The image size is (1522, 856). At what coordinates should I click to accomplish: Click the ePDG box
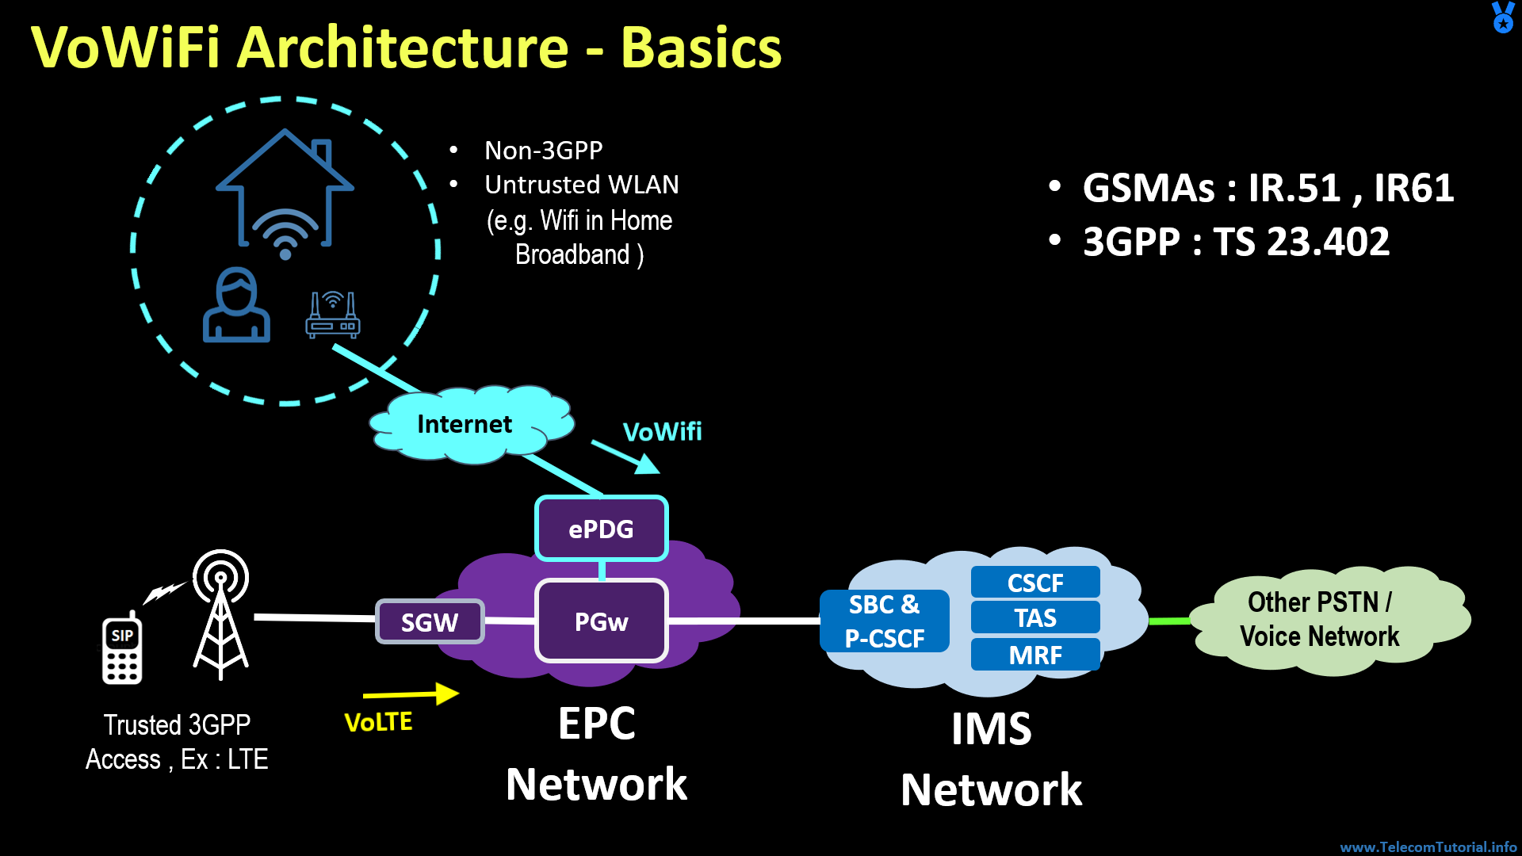601,529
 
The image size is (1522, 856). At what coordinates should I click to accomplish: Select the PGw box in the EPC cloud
601,621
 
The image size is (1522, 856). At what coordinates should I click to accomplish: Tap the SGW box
429,622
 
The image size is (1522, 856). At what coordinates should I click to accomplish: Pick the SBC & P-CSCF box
884,621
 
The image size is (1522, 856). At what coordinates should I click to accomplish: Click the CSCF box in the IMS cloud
1034,583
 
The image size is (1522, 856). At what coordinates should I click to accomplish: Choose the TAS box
1034,617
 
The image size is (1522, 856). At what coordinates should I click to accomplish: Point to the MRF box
1034,655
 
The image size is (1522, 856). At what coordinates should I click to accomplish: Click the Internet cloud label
465,425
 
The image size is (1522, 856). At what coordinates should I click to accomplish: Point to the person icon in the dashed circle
236,305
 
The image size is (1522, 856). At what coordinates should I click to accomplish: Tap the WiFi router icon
333,315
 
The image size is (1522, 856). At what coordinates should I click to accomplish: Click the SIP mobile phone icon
122,648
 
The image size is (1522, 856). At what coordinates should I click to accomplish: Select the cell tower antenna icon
220,614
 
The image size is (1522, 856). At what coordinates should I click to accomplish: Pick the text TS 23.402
1301,242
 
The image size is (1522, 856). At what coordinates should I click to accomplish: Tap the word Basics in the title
701,48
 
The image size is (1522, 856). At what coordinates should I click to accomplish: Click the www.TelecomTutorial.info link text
1428,846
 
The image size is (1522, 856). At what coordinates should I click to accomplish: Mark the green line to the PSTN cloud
1169,621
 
